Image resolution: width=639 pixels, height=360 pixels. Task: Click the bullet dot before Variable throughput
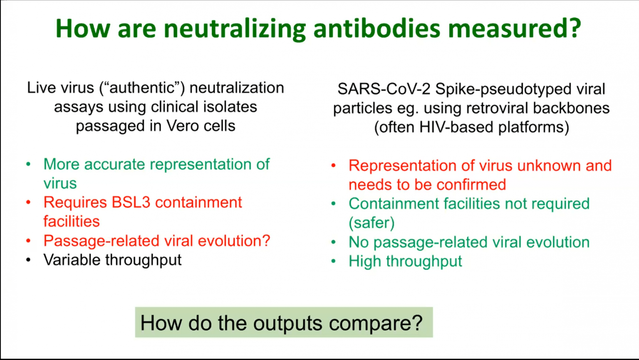[x=28, y=260]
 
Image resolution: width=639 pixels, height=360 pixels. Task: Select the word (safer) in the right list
[x=372, y=223]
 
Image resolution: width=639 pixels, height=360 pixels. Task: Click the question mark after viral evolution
[x=266, y=241]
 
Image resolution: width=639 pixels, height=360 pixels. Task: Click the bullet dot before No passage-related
[x=333, y=242]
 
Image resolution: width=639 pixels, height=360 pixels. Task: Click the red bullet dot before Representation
[x=333, y=165]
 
